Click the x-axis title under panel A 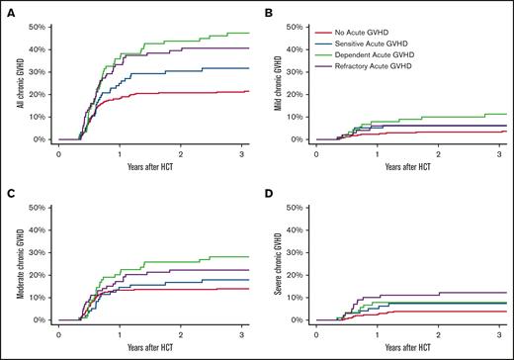pyautogui.click(x=150, y=163)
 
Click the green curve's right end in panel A pyautogui.click(x=247, y=33)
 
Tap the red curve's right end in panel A pyautogui.click(x=247, y=91)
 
